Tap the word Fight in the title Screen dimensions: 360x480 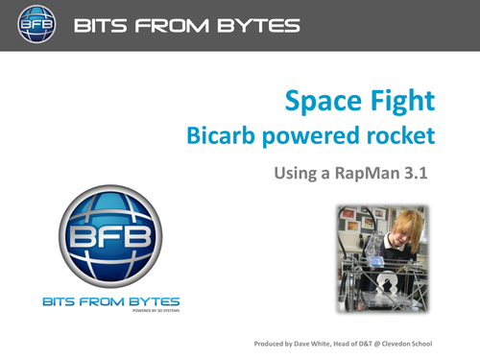pos(403,101)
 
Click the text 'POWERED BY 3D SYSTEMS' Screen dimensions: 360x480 pos(150,312)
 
